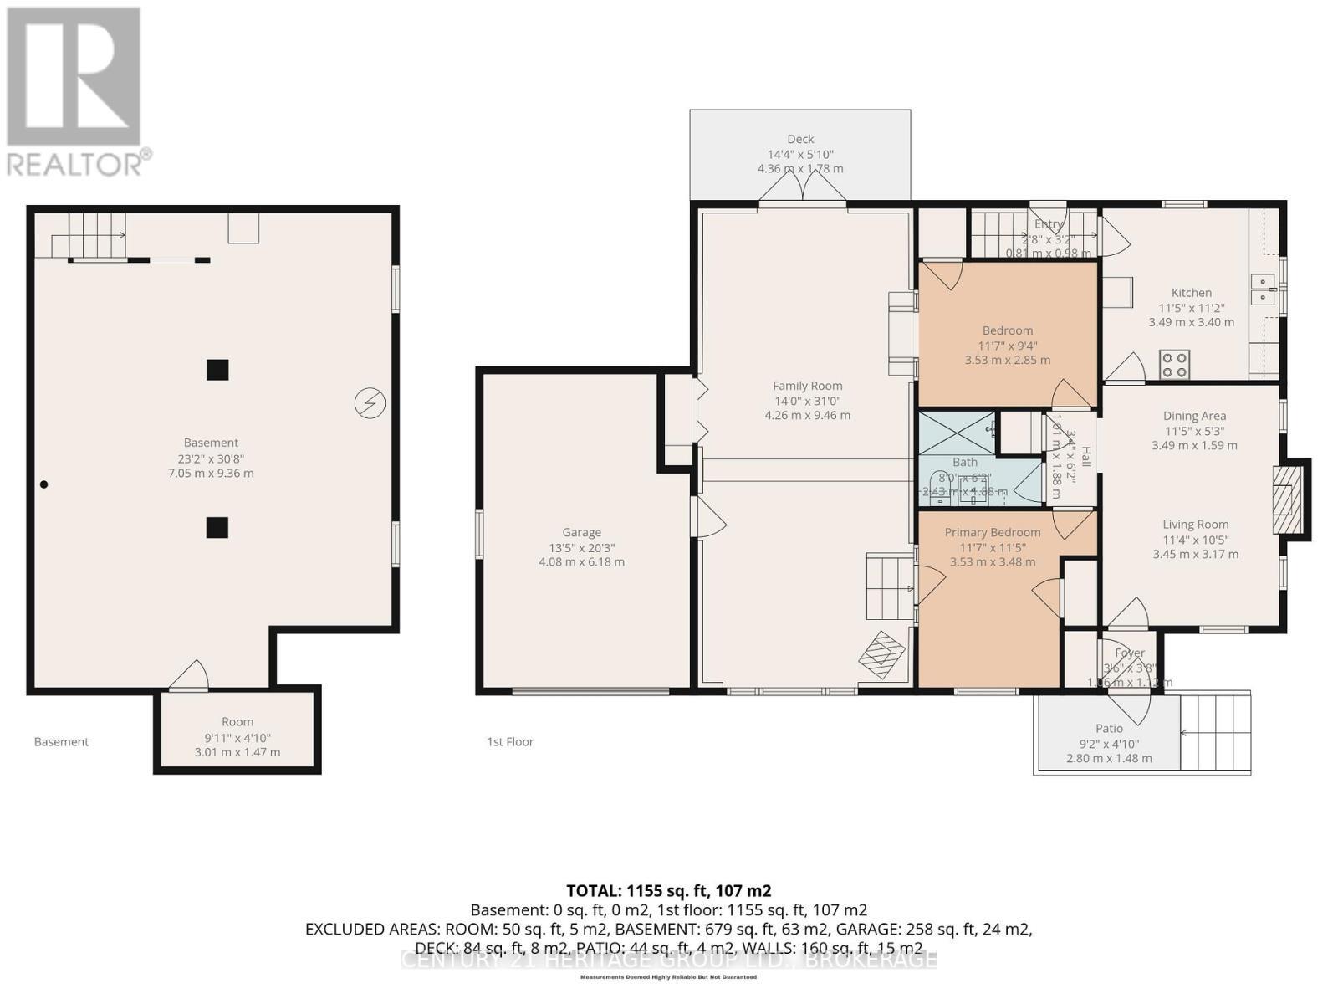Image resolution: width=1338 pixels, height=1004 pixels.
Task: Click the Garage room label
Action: coord(581,532)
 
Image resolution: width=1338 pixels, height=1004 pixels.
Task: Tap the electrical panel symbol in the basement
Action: coord(370,403)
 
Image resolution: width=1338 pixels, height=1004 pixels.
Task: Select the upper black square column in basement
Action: coord(217,370)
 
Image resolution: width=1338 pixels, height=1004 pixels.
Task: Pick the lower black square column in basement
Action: coord(217,527)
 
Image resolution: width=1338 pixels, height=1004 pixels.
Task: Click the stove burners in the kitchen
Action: coord(1174,365)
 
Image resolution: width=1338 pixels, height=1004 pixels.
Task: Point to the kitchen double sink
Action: coord(1262,289)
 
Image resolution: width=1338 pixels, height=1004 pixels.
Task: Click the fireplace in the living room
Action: coord(1288,499)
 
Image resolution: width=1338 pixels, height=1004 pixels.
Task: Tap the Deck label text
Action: coord(800,139)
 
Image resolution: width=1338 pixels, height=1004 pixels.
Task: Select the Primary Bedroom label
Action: coord(993,532)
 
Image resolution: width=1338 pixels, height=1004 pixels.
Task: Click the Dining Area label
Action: coord(1194,416)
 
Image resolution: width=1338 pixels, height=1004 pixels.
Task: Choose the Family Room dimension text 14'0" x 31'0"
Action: coord(807,401)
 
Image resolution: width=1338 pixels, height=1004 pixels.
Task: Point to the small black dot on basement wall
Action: coord(44,484)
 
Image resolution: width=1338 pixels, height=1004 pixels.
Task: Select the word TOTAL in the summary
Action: coord(592,890)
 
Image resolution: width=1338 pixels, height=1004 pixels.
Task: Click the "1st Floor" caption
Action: coord(510,741)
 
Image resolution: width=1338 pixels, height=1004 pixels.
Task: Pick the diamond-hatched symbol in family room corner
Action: coord(882,654)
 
